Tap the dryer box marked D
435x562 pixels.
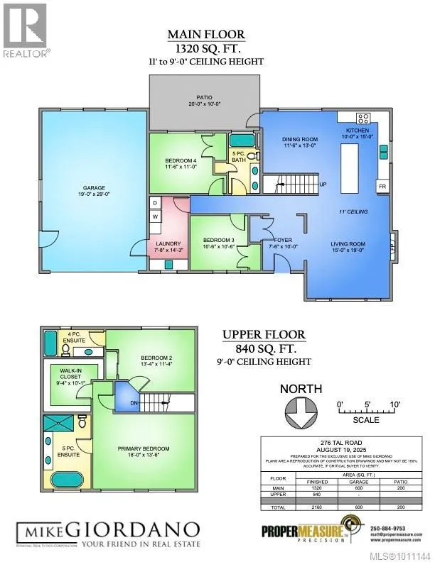click(x=154, y=203)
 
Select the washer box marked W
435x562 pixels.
click(x=154, y=216)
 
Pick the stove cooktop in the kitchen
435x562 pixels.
click(x=362, y=119)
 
